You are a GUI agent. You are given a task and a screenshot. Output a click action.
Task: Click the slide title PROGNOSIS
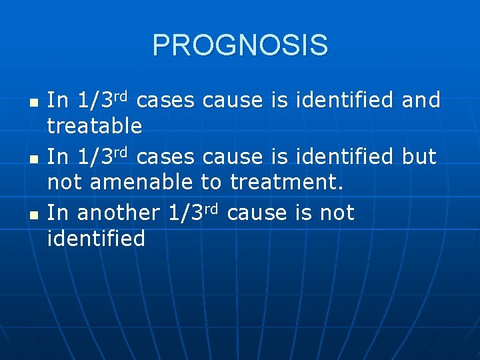point(240,45)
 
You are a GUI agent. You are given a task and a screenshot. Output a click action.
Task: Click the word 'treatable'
point(95,125)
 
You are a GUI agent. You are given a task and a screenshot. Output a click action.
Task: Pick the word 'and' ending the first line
point(421,101)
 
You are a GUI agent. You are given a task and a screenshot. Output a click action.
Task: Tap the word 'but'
point(419,157)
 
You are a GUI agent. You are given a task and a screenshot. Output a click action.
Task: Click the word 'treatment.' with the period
point(287,182)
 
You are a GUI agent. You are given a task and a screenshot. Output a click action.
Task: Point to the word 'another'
point(119,214)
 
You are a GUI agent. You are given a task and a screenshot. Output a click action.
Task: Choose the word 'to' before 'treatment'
point(212,182)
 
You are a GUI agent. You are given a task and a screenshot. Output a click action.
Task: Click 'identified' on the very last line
point(96,239)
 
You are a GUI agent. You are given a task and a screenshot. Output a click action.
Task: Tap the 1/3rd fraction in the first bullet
point(107,100)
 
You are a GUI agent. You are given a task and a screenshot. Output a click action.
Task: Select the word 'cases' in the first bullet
point(166,101)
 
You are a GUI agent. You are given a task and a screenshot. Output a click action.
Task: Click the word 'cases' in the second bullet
point(166,157)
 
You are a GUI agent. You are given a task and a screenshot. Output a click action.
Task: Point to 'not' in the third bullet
point(337,214)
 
